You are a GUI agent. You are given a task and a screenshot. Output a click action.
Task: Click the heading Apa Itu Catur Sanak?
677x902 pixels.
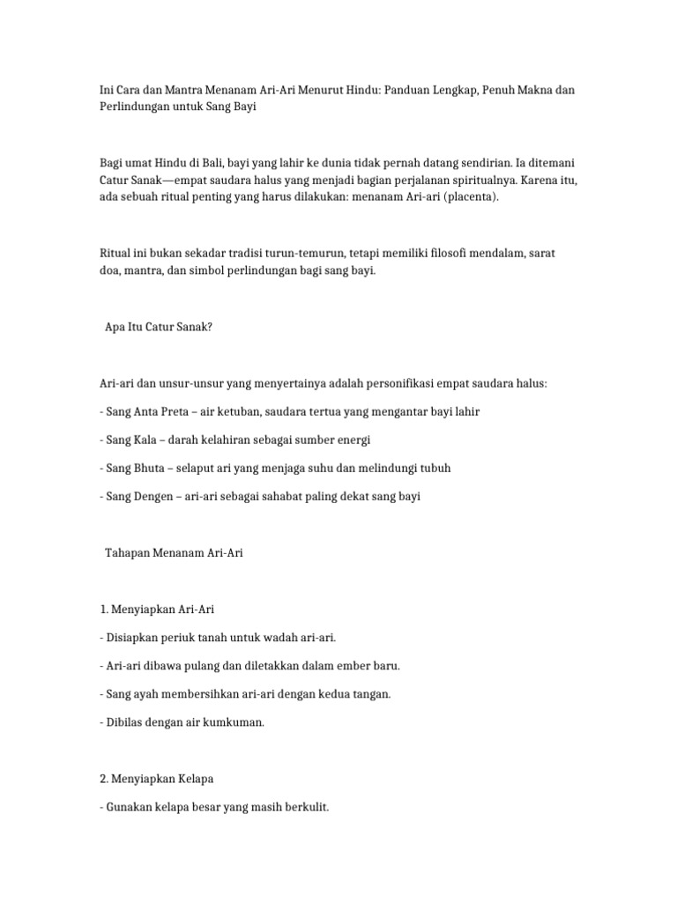(159, 327)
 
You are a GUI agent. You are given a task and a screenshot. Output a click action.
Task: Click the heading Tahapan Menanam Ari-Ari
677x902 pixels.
(174, 553)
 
